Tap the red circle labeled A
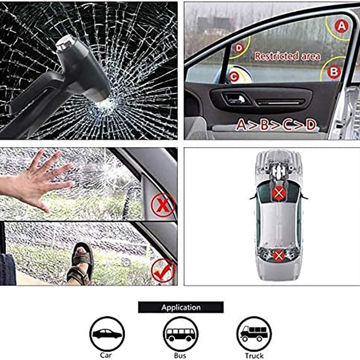(341, 26)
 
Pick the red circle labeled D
(239, 48)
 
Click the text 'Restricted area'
(287, 56)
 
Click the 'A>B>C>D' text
(276, 125)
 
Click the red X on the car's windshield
(279, 193)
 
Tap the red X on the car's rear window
(278, 256)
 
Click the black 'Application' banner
(181, 307)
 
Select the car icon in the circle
(107, 334)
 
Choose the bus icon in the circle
(181, 334)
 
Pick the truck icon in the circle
(254, 334)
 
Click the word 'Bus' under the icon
(180, 356)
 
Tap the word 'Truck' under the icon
(254, 356)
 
